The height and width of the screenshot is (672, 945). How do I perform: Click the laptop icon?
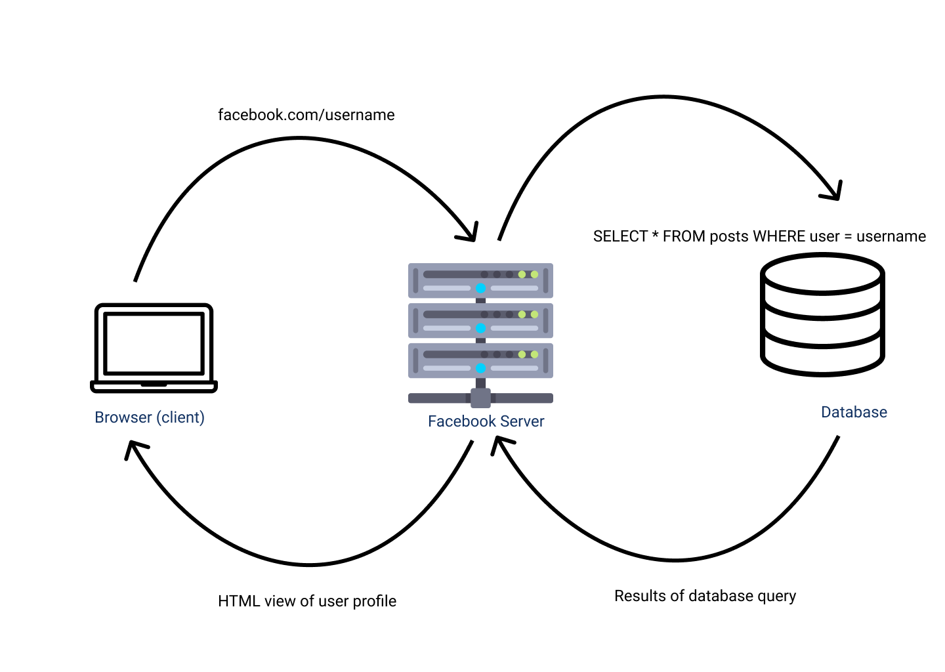coord(154,348)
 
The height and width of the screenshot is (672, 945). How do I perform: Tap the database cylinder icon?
coord(822,315)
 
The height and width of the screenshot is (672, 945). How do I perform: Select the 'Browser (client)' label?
coord(150,417)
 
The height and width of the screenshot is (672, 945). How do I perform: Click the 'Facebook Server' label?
coord(486,421)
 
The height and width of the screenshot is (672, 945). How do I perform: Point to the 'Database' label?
coord(854,412)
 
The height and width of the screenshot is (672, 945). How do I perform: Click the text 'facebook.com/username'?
coord(306,115)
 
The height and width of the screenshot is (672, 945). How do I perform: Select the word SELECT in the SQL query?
coord(620,236)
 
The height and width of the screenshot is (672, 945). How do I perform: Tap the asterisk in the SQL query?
coord(655,235)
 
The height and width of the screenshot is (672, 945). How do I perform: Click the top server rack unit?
coord(480,280)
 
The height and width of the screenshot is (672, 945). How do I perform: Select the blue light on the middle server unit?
coord(480,328)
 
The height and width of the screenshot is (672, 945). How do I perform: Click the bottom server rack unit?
coord(480,360)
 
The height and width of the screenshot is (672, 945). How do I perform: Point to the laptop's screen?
coord(154,343)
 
